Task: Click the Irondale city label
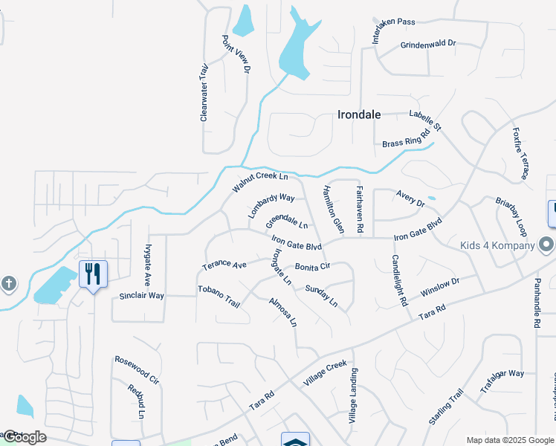359,114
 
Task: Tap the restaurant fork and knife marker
93,274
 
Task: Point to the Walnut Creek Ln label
259,181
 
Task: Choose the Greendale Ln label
287,221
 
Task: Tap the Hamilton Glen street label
332,209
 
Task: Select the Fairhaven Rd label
359,210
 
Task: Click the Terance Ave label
224,265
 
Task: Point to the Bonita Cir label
312,266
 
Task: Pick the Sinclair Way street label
141,295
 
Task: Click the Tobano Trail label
219,297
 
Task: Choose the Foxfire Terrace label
520,153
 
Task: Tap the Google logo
24,437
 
